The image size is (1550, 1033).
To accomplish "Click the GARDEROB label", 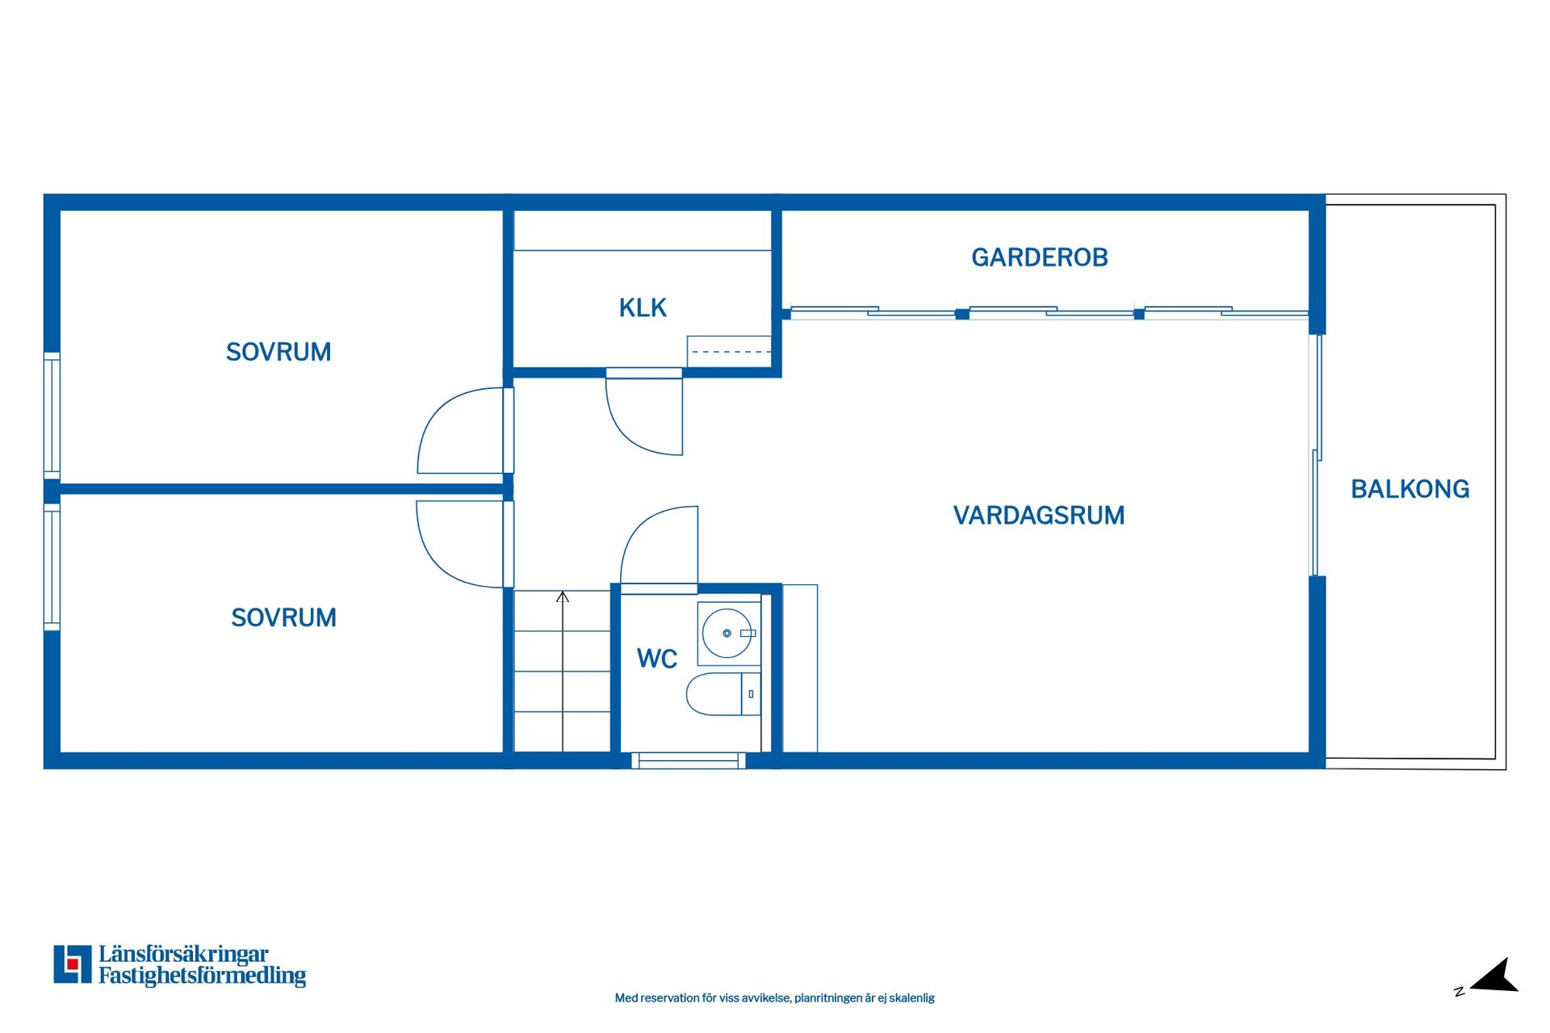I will pyautogui.click(x=1039, y=257).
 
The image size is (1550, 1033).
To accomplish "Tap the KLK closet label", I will pyautogui.click(x=643, y=307).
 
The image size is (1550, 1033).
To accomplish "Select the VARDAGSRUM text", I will pyautogui.click(x=1038, y=515).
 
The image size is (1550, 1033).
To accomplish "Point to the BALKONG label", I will pyautogui.click(x=1410, y=488).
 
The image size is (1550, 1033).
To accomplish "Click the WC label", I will pyautogui.click(x=656, y=659).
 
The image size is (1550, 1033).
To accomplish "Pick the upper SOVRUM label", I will pyautogui.click(x=279, y=352).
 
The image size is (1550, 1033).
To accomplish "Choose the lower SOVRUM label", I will pyautogui.click(x=283, y=617).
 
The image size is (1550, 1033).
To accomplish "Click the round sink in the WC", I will pyautogui.click(x=727, y=634).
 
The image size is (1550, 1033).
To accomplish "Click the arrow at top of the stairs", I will pyautogui.click(x=563, y=597).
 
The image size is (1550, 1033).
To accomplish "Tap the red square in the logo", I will pyautogui.click(x=73, y=964).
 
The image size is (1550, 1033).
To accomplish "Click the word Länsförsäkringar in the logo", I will pyautogui.click(x=183, y=954).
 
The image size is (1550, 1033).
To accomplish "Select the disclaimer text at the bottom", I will pyautogui.click(x=774, y=998).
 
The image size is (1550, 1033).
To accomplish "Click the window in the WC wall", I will pyautogui.click(x=688, y=760).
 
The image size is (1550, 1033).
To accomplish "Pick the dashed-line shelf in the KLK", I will pyautogui.click(x=729, y=351).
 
